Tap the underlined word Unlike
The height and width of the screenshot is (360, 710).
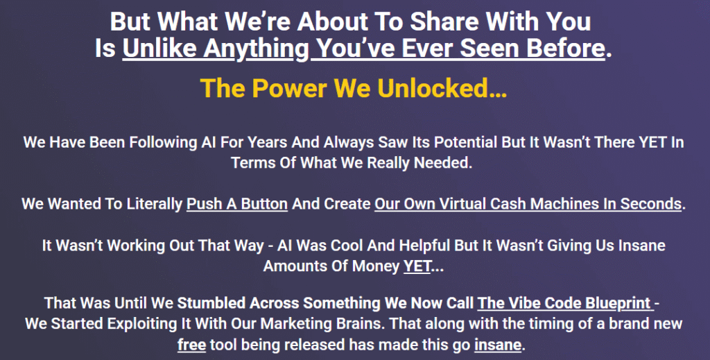tap(159, 48)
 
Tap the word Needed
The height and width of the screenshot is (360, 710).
tap(442, 162)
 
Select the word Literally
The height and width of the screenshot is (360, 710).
tap(154, 204)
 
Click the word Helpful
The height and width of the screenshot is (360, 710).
tap(425, 246)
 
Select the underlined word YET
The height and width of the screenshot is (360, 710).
tap(417, 266)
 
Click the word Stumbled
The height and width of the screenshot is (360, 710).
tap(209, 303)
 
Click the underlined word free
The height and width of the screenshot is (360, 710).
tap(191, 345)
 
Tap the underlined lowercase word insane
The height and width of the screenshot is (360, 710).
tap(498, 345)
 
